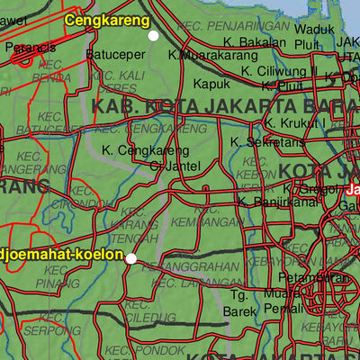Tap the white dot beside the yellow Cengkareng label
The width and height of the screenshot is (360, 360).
tap(153, 35)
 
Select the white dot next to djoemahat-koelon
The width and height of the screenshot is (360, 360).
tap(131, 258)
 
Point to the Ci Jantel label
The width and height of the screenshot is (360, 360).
tap(170, 166)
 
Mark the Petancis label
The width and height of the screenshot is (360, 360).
tap(30, 46)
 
